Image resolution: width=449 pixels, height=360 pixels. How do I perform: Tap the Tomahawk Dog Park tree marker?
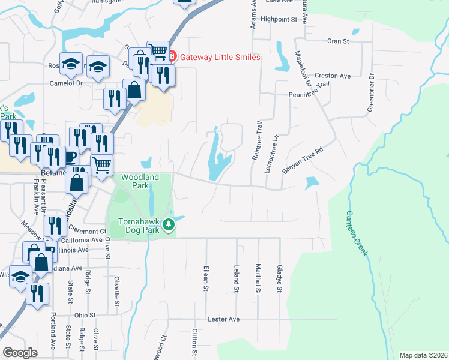click(x=169, y=225)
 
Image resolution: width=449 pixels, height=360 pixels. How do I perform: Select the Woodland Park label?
click(x=140, y=182)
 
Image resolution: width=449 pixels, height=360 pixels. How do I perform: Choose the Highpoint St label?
click(x=279, y=19)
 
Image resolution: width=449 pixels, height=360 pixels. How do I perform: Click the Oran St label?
click(x=338, y=41)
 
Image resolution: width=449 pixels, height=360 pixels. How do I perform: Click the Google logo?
click(x=20, y=353)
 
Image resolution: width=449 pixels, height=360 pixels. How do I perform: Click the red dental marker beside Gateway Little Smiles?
click(x=172, y=57)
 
